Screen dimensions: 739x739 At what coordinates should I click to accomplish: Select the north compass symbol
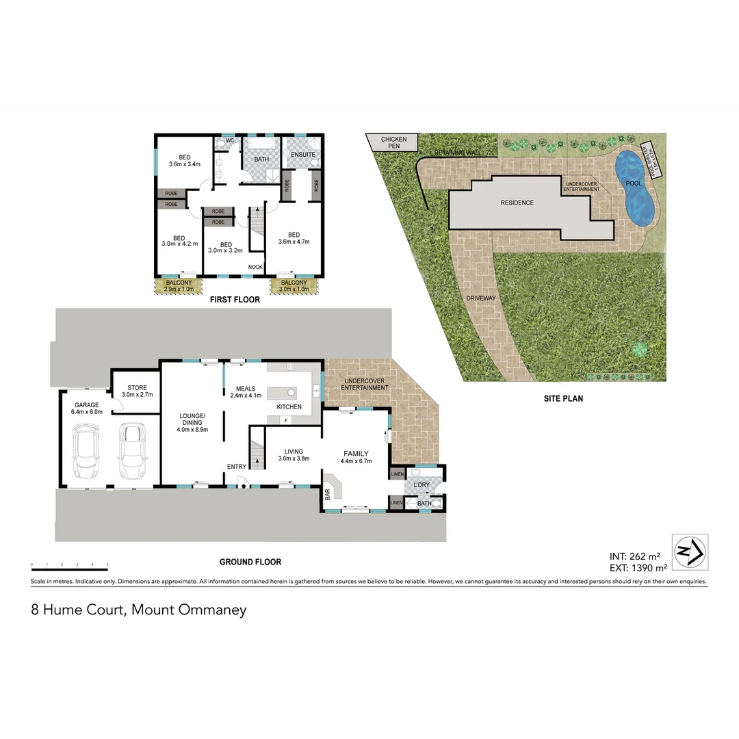tap(690, 552)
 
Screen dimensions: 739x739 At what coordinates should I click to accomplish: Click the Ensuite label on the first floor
tap(303, 155)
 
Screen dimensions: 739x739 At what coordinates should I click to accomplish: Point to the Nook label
tap(255, 267)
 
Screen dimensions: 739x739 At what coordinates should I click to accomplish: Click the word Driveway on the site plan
tap(480, 299)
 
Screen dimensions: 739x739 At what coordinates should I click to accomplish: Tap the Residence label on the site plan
tap(517, 203)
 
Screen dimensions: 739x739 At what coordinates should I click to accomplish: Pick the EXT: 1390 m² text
tap(638, 568)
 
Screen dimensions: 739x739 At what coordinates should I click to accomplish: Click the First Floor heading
tap(234, 300)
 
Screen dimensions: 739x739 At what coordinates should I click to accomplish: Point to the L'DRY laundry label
tap(420, 485)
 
